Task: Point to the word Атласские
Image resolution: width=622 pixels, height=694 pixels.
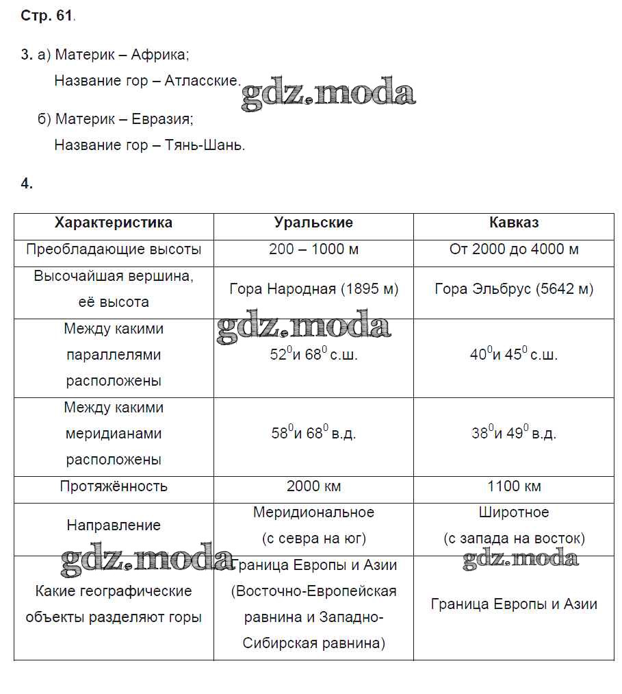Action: [204, 81]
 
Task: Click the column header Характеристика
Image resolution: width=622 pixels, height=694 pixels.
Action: [114, 223]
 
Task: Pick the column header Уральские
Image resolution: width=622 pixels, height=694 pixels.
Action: [313, 223]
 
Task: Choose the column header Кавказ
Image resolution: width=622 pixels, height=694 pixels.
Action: [514, 223]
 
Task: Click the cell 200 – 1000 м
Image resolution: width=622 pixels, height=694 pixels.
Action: [313, 249]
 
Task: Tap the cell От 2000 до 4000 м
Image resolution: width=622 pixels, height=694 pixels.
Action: [514, 249]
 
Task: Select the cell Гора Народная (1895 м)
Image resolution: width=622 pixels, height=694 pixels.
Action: [313, 289]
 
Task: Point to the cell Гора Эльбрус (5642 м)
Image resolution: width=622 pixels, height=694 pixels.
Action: [514, 289]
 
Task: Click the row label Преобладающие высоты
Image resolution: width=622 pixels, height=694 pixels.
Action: [114, 249]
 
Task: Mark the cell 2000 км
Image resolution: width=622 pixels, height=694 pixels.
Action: [313, 486]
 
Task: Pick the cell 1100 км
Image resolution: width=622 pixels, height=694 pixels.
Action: [514, 486]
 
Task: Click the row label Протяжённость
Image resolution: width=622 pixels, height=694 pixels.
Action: [114, 486]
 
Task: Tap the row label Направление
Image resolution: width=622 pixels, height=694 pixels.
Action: [114, 525]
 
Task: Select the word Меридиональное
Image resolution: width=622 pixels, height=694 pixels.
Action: [313, 512]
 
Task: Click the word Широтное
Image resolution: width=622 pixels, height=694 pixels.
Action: [514, 512]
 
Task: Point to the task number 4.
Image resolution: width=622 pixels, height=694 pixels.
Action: [27, 183]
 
